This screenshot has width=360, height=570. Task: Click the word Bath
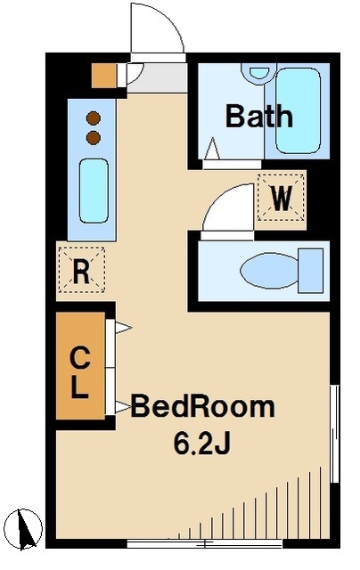tap(259, 116)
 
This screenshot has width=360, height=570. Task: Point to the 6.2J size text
tap(201, 444)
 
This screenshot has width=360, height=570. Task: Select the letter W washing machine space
tap(281, 198)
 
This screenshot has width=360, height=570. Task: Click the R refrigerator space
tap(82, 270)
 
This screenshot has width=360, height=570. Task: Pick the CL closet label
tap(80, 372)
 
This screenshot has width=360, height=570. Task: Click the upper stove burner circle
tap(94, 118)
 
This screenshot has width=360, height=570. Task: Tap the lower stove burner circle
tap(94, 138)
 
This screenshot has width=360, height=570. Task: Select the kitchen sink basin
tap(94, 191)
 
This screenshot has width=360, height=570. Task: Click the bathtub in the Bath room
tap(299, 110)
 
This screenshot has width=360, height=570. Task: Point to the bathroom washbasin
tap(259, 73)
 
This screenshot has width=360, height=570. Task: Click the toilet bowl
tap(269, 271)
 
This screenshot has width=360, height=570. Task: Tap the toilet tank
tap(311, 271)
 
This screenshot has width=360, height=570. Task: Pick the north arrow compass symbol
tap(25, 529)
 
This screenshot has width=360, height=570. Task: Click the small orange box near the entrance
tap(104, 76)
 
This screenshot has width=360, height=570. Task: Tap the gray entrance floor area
tap(157, 78)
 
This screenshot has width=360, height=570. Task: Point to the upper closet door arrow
tap(123, 328)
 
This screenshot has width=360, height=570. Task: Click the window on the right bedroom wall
tap(334, 434)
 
